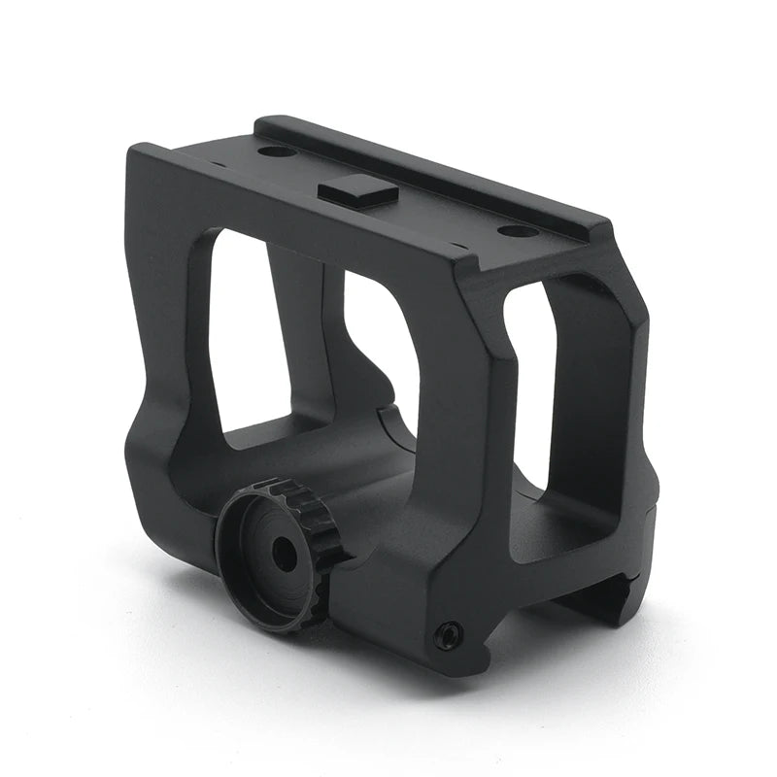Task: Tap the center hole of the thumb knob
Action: (x=284, y=555)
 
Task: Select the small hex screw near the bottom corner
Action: (x=448, y=636)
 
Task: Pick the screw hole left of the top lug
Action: (x=276, y=151)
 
